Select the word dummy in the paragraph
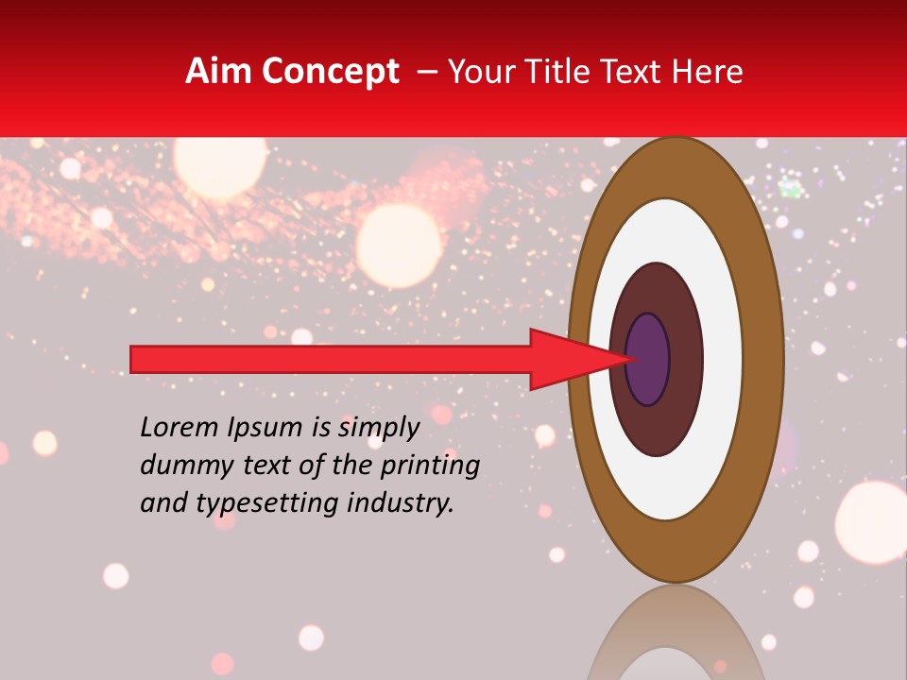(182, 466)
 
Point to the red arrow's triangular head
(567, 359)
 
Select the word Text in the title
(640, 72)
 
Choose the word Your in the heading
(479, 72)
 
